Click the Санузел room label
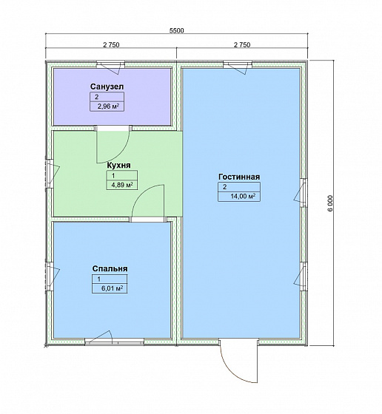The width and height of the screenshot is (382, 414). point(107,86)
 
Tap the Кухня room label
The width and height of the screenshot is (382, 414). point(118,166)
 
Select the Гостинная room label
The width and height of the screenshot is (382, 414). point(239,177)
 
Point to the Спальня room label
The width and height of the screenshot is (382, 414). point(110,268)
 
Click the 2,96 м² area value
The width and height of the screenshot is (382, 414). point(108,107)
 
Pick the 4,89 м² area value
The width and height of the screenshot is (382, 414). point(122,185)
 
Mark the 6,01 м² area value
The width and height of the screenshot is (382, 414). point(112,288)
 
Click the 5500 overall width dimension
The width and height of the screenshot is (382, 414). point(176,30)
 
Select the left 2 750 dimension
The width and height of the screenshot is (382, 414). point(111,45)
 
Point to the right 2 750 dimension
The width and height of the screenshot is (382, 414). point(242,45)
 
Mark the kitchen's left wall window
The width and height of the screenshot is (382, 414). point(51,173)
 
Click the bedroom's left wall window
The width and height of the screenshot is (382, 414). point(51,276)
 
